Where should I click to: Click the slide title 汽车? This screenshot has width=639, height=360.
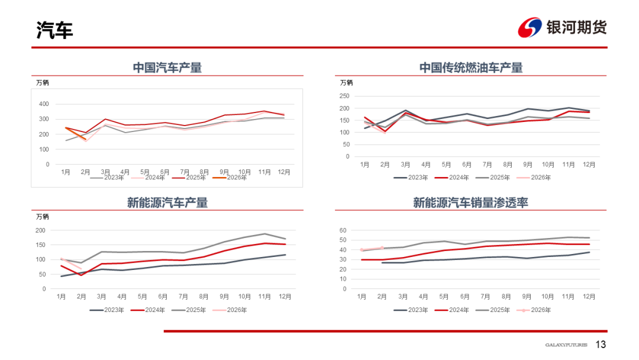[x=54, y=30]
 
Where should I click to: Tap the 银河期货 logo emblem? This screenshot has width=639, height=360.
[x=530, y=27]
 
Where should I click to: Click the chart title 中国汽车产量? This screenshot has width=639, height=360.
[x=167, y=67]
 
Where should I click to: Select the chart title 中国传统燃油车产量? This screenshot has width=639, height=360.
[x=471, y=67]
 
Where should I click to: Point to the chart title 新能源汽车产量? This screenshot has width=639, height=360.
[x=167, y=202]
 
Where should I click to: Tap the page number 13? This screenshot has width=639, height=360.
[x=601, y=345]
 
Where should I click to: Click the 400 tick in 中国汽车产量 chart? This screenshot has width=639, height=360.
[x=43, y=104]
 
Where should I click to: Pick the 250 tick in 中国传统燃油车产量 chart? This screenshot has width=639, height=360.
[x=344, y=96]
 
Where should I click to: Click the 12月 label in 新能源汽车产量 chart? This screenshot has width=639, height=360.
[x=285, y=297]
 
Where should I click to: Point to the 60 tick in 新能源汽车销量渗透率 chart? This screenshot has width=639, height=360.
[x=343, y=230]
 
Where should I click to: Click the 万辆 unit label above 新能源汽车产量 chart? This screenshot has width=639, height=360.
[x=43, y=217]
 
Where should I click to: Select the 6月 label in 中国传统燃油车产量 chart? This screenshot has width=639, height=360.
[x=467, y=164]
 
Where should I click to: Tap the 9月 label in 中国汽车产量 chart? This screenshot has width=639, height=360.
[x=223, y=172]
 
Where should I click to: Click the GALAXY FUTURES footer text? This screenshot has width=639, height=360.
[x=566, y=345]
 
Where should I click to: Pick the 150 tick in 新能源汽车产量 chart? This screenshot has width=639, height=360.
[x=41, y=245]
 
